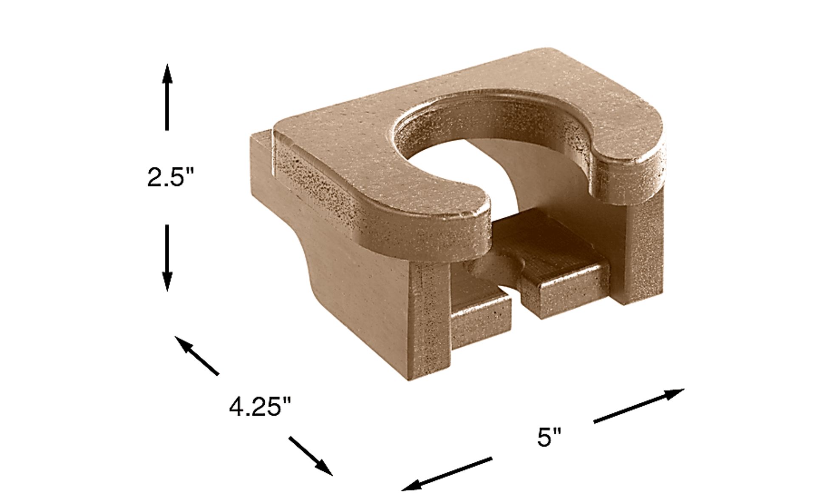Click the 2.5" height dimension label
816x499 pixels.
click(x=170, y=177)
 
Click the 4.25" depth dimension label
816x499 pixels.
click(x=260, y=408)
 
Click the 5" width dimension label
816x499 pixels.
click(x=549, y=437)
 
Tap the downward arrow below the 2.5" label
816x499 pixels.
click(x=167, y=258)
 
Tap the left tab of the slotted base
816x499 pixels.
click(x=480, y=315)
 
